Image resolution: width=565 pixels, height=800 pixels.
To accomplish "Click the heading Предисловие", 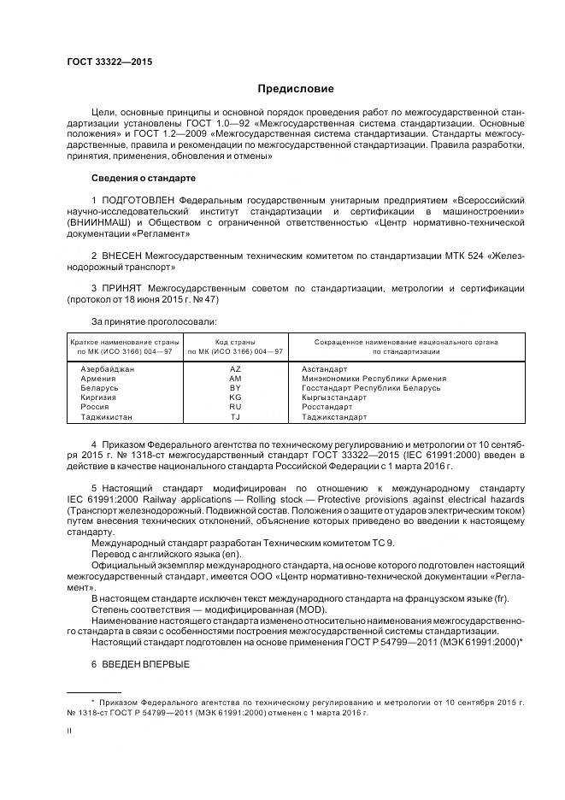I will [x=297, y=89].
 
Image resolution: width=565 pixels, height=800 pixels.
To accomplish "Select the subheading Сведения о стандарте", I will [x=144, y=178].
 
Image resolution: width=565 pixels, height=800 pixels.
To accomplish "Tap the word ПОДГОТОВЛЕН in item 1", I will [x=140, y=200].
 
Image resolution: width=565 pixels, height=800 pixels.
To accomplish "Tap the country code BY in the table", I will [x=235, y=387].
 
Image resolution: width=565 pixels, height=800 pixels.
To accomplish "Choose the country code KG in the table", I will [x=235, y=397].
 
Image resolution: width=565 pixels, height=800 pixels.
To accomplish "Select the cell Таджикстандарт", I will [x=334, y=417].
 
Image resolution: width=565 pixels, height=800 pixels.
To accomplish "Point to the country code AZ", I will [x=235, y=368].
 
